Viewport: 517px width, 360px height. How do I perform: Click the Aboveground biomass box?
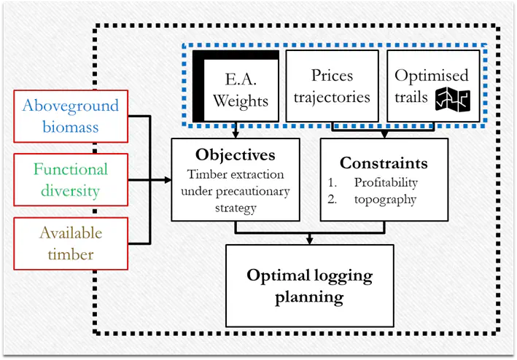tap(70, 117)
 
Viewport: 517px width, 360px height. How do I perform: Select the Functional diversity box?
tap(70, 180)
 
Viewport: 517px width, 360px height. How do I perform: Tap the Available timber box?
tap(70, 243)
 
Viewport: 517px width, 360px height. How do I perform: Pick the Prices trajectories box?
tap(331, 86)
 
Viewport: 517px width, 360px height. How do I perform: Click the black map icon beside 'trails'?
tap(452, 99)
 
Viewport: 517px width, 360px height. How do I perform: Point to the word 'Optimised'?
tap(431, 76)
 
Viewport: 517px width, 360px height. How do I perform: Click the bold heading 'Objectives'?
tap(236, 155)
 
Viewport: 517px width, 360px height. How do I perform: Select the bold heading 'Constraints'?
tap(384, 163)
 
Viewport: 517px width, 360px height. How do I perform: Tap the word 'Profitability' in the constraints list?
tap(386, 182)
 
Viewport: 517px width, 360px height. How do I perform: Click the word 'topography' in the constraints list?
tap(385, 200)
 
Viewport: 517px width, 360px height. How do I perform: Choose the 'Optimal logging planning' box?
tap(309, 285)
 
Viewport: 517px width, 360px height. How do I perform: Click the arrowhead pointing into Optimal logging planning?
tap(310, 240)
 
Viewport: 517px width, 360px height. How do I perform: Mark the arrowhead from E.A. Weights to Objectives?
tap(236, 133)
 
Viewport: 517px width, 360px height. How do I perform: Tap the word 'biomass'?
tap(70, 128)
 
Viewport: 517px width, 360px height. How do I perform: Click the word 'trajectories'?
tap(331, 97)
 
